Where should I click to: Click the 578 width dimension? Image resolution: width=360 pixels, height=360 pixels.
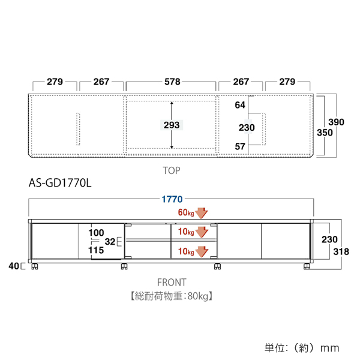pyautogui.click(x=172, y=82)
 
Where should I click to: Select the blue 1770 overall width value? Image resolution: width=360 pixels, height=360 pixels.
pyautogui.click(x=172, y=199)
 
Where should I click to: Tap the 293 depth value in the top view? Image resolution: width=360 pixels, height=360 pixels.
pyautogui.click(x=172, y=125)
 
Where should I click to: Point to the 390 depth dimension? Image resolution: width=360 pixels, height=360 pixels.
pyautogui.click(x=336, y=122)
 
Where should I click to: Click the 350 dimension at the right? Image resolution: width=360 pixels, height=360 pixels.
pyautogui.click(x=325, y=133)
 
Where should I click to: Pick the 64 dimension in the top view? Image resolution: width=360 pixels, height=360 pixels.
pyautogui.click(x=240, y=105)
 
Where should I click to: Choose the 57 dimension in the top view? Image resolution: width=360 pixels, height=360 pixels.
pyautogui.click(x=240, y=146)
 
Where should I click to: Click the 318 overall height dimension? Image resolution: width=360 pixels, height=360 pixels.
pyautogui.click(x=341, y=251)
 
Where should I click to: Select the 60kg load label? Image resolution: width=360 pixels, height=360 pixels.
pyautogui.click(x=186, y=212)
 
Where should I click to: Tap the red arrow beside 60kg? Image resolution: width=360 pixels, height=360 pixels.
pyautogui.click(x=202, y=213)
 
